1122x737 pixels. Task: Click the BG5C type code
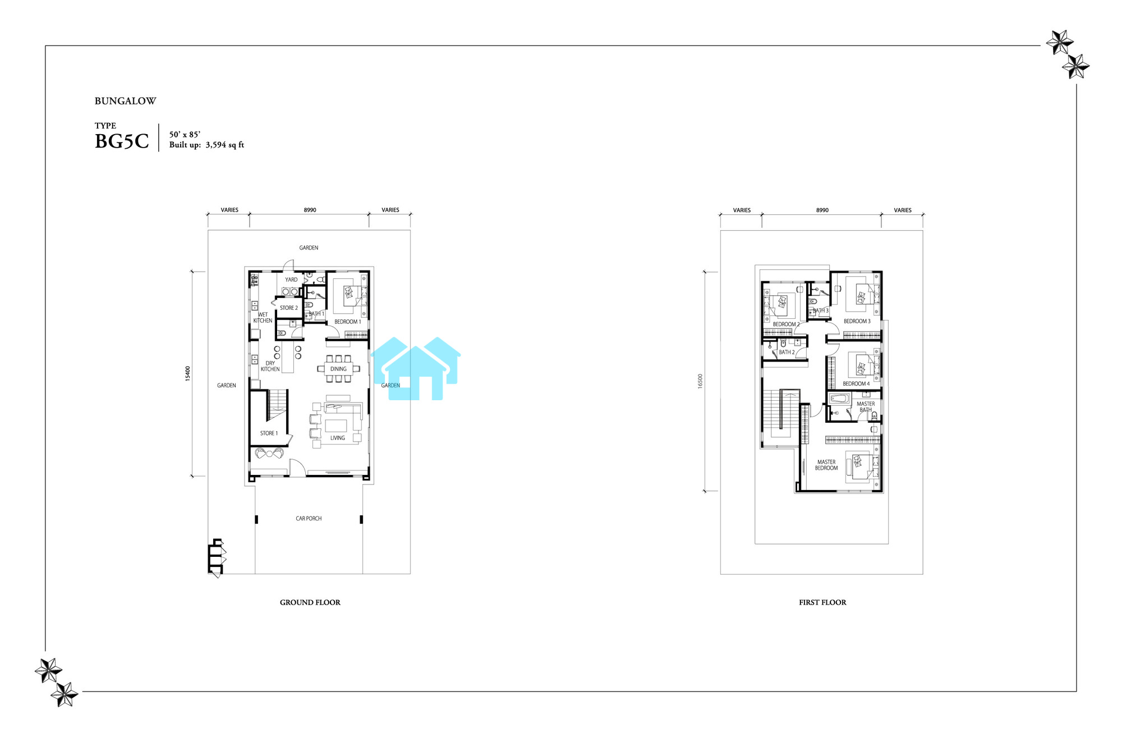tap(122, 141)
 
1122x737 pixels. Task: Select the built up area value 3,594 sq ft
tap(225, 145)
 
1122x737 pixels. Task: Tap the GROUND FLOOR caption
tap(310, 602)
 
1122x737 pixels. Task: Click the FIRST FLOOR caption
tap(822, 602)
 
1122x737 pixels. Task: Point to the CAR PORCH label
tap(309, 519)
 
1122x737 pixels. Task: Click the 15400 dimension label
tap(188, 373)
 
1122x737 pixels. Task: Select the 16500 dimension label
tap(700, 381)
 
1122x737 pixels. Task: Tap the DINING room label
tap(338, 369)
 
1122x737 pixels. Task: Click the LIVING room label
tap(338, 438)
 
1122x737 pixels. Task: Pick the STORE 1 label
tap(269, 433)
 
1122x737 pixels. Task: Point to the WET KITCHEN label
tap(263, 318)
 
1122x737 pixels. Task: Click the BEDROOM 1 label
tap(348, 322)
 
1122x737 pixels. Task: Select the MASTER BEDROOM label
tap(826, 465)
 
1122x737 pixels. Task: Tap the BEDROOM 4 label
tap(856, 384)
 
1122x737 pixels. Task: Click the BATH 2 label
tap(787, 353)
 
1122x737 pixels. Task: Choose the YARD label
tap(291, 280)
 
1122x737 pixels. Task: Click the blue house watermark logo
tap(416, 369)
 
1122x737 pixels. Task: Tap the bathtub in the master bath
tap(840, 399)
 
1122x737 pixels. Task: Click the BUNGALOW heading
tap(125, 101)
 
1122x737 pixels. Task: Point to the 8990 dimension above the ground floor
tap(310, 210)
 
